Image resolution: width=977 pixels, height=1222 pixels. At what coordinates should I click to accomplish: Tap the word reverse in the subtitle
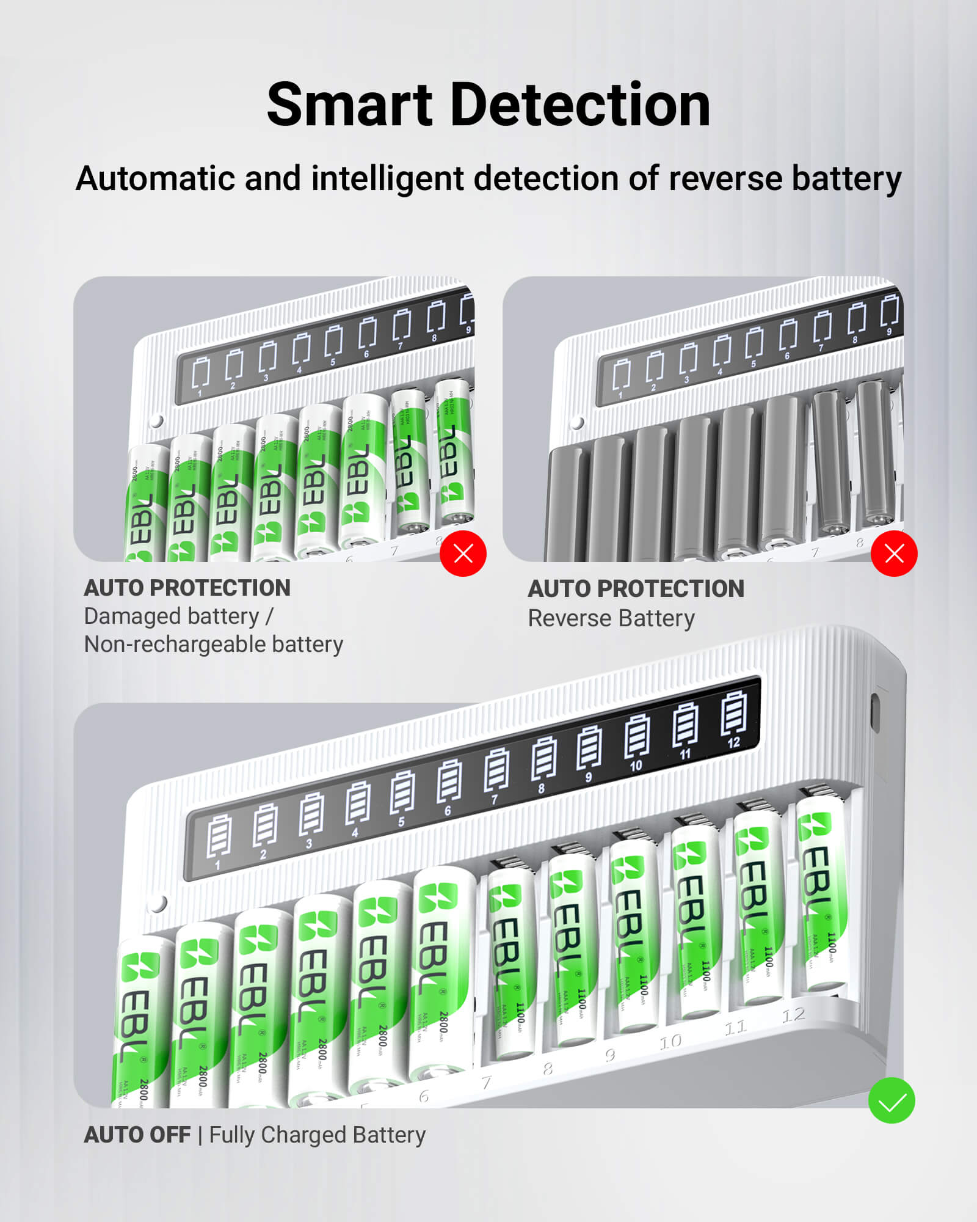[725, 178]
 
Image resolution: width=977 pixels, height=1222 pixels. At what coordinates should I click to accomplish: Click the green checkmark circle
[891, 1100]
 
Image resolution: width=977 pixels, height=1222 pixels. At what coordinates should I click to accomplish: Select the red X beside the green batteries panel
[463, 554]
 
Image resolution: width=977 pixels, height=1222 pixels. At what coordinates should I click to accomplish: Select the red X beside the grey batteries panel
[894, 554]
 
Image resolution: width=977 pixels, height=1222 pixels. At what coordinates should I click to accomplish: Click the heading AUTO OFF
[137, 1135]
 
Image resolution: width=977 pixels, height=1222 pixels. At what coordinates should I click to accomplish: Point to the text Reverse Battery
[611, 618]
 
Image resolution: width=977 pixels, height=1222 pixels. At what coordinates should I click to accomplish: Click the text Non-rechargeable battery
[213, 644]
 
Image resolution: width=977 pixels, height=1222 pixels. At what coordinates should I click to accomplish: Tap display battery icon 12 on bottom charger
[733, 712]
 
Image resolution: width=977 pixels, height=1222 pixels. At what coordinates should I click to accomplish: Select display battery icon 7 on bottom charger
[496, 770]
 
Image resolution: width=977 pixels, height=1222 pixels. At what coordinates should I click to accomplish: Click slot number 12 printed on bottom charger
[793, 1015]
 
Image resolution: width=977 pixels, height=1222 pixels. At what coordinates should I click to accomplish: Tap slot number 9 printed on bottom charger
[609, 1055]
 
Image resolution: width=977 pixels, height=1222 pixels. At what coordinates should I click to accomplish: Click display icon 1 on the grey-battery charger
[622, 375]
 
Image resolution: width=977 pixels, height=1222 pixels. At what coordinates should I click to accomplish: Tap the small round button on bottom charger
[158, 903]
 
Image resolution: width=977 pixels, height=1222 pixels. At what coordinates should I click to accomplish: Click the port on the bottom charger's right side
[874, 712]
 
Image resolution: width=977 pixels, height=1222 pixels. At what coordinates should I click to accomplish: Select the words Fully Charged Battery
[317, 1135]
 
